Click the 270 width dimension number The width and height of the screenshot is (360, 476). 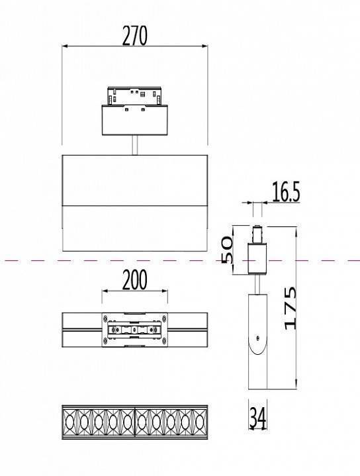coord(134,36)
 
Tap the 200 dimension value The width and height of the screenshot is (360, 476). coord(135,281)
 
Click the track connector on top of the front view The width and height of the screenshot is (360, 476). coord(135,97)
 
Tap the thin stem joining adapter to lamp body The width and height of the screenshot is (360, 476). coord(135,146)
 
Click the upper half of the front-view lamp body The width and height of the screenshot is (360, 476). coord(135,179)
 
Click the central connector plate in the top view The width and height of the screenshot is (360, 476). coord(135,330)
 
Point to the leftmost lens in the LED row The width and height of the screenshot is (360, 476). coord(70,420)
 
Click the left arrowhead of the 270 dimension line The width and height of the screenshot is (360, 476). coord(64,46)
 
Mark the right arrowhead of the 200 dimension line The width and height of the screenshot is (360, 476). coord(166,291)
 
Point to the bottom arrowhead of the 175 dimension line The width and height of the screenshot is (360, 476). coord(296,387)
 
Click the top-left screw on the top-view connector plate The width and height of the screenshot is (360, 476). coord(106,319)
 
